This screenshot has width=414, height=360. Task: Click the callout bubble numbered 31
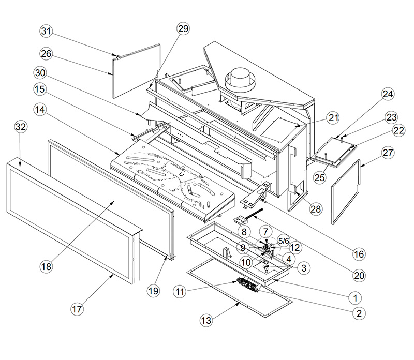coord(46,31)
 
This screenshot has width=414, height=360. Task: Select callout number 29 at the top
coord(183,28)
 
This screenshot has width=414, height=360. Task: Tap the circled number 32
coord(21,127)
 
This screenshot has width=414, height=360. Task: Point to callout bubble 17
coord(77,309)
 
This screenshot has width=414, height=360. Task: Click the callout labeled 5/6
coord(284,241)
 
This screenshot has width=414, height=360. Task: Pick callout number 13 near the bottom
coord(206,320)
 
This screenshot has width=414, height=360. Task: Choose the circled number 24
coord(388,94)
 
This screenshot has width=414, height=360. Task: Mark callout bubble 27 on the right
coord(388,153)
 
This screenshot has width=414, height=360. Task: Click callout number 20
coord(359,276)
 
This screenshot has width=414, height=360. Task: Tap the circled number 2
coord(359,313)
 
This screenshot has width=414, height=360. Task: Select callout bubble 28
coord(316,209)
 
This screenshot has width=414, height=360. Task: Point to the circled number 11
coord(180,292)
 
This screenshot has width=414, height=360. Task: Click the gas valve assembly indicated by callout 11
coord(248,286)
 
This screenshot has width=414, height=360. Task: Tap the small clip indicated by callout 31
coord(117,56)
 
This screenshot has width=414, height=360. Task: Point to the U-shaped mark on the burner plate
coord(182,174)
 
